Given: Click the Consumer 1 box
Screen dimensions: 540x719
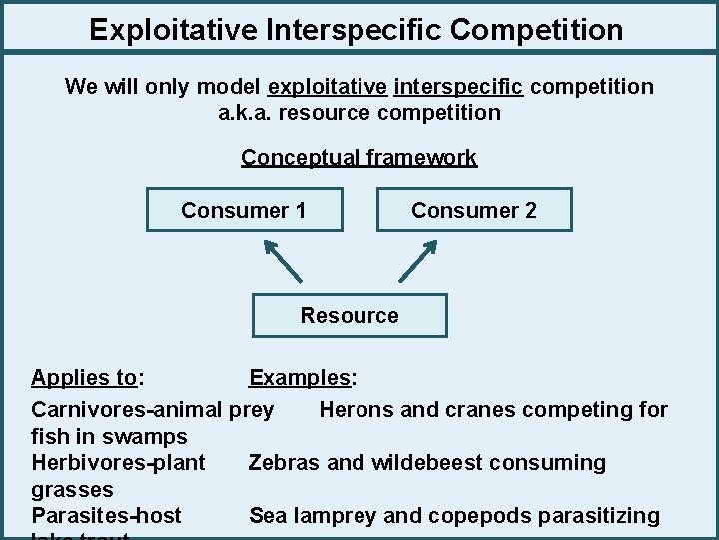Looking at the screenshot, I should [x=244, y=210].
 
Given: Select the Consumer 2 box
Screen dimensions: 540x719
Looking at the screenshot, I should [x=474, y=210].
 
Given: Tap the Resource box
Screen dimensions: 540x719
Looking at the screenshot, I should [x=350, y=316].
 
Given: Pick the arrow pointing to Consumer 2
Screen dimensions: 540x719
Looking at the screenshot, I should [x=418, y=259].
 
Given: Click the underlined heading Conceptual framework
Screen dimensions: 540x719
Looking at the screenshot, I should [x=359, y=158].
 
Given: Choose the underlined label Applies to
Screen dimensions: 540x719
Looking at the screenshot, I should [x=84, y=378].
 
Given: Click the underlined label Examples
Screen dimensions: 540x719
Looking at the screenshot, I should [x=301, y=378].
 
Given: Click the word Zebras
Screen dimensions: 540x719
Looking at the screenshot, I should [x=284, y=463].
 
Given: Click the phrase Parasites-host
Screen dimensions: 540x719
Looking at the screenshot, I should [x=107, y=516].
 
